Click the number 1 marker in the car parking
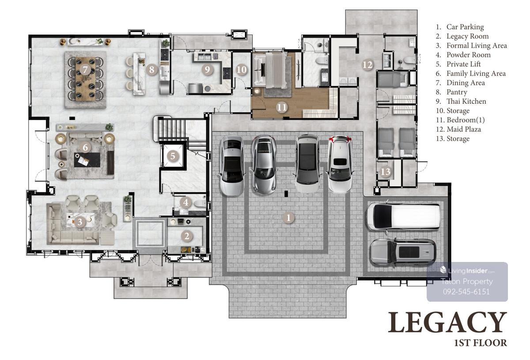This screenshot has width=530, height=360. (x=288, y=217)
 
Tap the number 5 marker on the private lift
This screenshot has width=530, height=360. (x=173, y=156)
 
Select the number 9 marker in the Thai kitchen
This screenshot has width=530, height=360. (x=207, y=70)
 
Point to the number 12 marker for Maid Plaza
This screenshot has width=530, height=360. (x=367, y=64)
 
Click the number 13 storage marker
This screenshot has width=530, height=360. (x=386, y=171)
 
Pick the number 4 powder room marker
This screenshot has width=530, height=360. (x=186, y=202)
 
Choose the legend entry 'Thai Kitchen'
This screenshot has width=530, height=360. (x=466, y=101)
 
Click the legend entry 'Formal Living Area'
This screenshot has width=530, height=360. (x=477, y=45)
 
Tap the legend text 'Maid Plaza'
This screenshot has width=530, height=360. (x=464, y=129)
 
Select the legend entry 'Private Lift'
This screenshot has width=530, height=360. (x=463, y=64)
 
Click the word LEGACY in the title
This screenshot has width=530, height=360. (x=447, y=322)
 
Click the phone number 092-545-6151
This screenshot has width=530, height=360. (x=466, y=292)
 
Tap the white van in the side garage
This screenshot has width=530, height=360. (x=403, y=217)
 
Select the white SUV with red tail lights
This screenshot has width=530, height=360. (x=340, y=164)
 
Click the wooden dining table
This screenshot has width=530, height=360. (x=85, y=79)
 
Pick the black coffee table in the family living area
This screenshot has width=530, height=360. (x=87, y=160)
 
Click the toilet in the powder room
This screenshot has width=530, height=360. (x=200, y=203)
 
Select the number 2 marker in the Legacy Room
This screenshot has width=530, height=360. (x=187, y=236)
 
